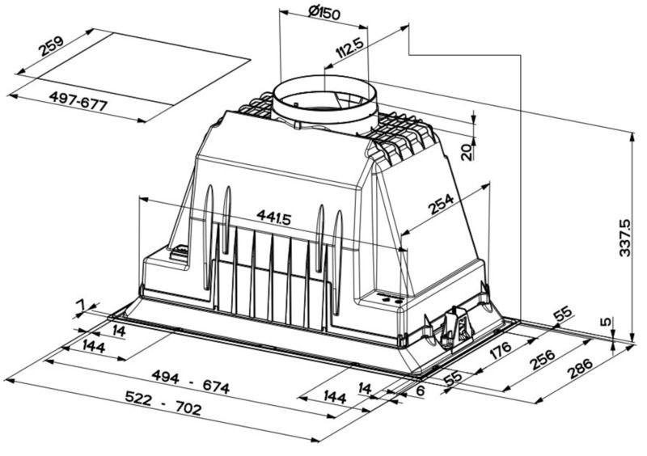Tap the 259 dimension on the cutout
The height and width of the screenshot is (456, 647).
click(52, 46)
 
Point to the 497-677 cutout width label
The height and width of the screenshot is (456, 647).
click(78, 101)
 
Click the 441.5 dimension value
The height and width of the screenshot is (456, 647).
click(273, 217)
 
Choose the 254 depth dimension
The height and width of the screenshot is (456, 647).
click(441, 204)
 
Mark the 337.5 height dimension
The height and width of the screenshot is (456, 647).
click(625, 238)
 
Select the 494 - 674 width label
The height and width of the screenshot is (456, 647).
click(191, 382)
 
